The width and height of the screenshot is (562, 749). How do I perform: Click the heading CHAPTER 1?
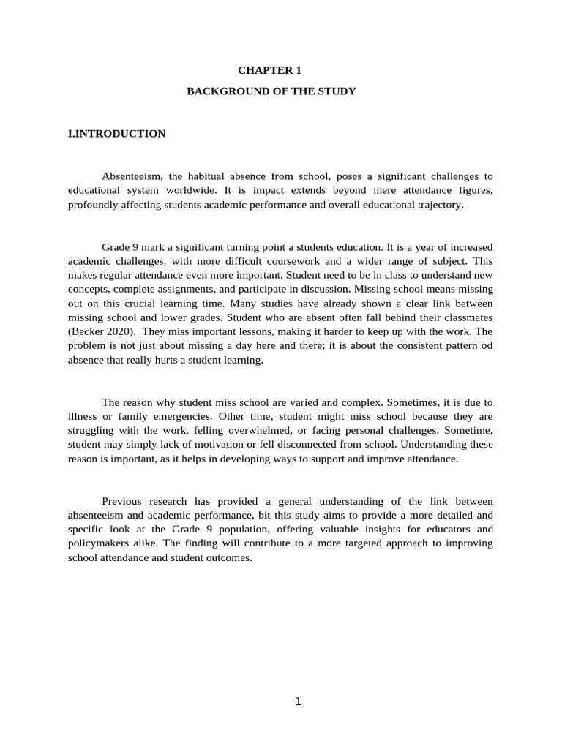269,71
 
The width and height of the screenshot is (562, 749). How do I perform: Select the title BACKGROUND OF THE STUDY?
271,91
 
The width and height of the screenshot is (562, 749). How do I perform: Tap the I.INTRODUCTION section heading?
116,134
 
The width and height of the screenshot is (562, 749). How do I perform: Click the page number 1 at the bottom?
298,701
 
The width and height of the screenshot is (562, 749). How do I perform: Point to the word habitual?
209,176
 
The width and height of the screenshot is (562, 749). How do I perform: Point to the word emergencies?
172,416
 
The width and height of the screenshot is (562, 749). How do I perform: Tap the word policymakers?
102,543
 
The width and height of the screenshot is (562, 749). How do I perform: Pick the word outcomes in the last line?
228,557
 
